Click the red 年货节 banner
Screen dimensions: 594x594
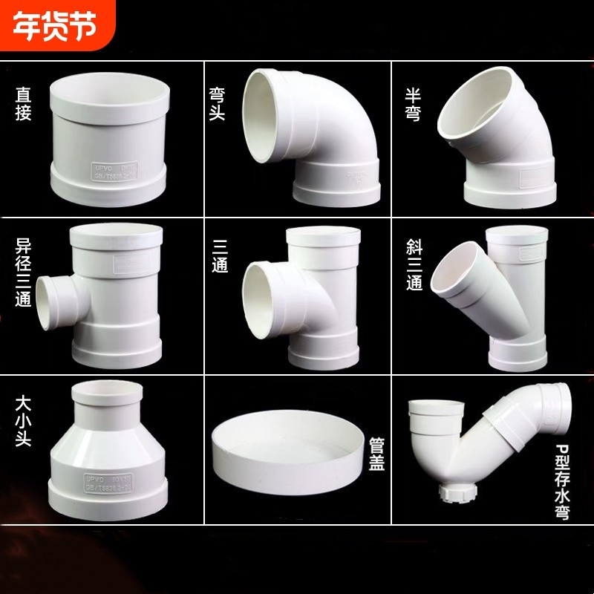(x=56, y=27)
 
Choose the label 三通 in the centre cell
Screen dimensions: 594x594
(x=220, y=255)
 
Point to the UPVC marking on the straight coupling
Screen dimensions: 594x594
(x=99, y=167)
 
